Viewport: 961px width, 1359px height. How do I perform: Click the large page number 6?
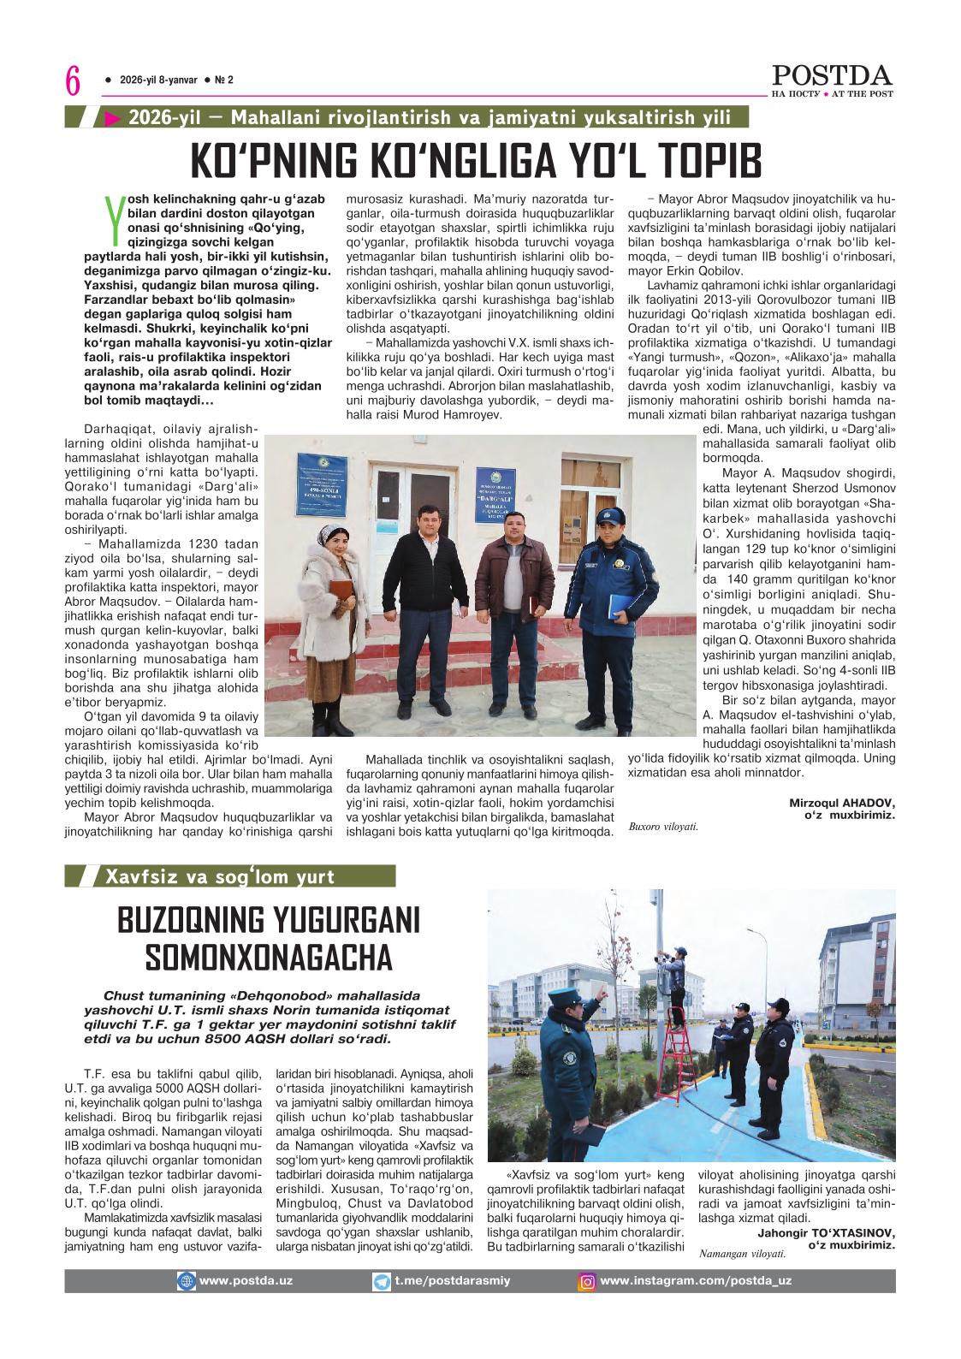[x=73, y=82]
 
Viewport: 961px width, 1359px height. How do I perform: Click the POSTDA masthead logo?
[x=832, y=74]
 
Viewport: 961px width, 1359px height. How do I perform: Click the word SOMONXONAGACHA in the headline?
[x=269, y=957]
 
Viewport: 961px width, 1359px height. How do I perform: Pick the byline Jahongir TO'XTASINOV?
[x=826, y=1232]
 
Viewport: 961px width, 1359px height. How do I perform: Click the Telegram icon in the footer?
[x=382, y=1281]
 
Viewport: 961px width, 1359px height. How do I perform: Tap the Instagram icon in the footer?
[x=588, y=1281]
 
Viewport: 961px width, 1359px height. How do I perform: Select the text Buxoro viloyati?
[x=663, y=827]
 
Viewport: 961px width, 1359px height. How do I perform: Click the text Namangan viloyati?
[x=742, y=1255]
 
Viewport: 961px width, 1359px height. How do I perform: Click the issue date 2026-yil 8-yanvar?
[x=158, y=80]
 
